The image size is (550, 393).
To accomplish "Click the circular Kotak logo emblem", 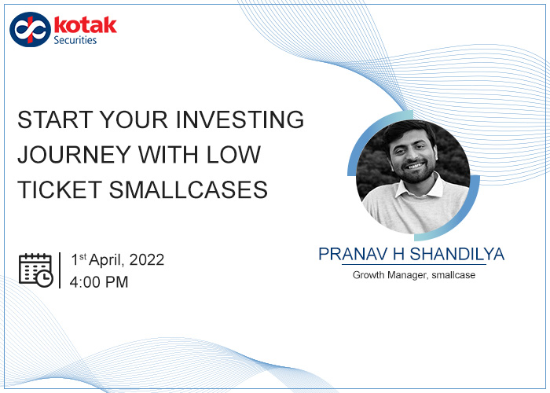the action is pyautogui.click(x=30, y=30).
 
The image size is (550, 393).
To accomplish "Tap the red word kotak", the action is pyautogui.click(x=85, y=25).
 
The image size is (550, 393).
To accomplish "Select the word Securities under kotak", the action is pyautogui.click(x=75, y=40).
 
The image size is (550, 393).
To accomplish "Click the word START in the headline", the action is pyautogui.click(x=55, y=119).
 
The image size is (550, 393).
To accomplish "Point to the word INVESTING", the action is pyautogui.click(x=240, y=119).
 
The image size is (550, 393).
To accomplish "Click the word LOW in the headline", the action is pyautogui.click(x=233, y=154).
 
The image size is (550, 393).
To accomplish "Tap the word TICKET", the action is pyautogui.click(x=60, y=189).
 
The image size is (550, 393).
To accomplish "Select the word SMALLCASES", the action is pyautogui.click(x=189, y=189).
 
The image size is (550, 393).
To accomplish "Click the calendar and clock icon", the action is pyautogui.click(x=36, y=270).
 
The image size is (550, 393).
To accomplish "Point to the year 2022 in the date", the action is pyautogui.click(x=147, y=260).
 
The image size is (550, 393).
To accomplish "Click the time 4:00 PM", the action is pyautogui.click(x=99, y=282).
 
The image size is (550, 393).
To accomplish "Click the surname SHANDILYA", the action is pyautogui.click(x=457, y=254).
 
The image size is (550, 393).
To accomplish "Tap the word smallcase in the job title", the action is pyautogui.click(x=453, y=275).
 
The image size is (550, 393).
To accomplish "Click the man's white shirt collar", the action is pyautogui.click(x=420, y=189).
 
